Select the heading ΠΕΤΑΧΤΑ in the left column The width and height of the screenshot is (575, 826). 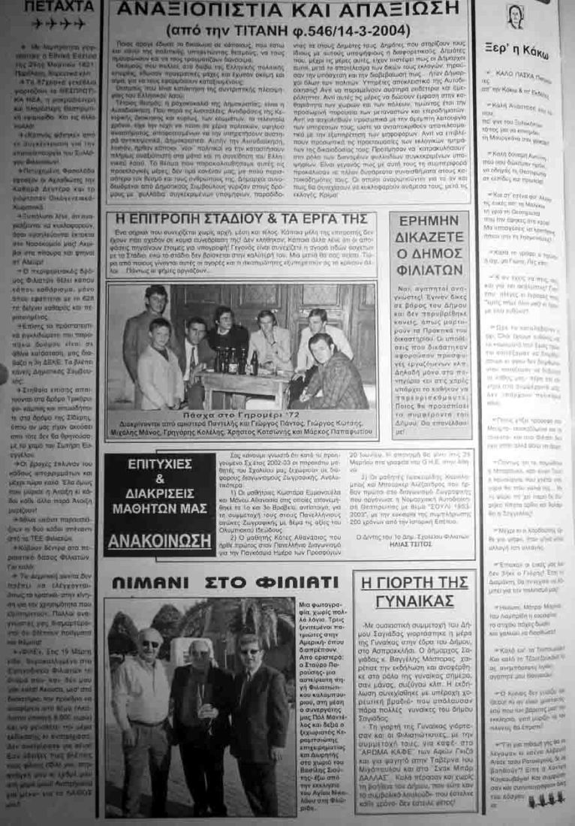pos(50,6)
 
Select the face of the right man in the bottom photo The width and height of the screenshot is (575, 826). pos(249,650)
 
